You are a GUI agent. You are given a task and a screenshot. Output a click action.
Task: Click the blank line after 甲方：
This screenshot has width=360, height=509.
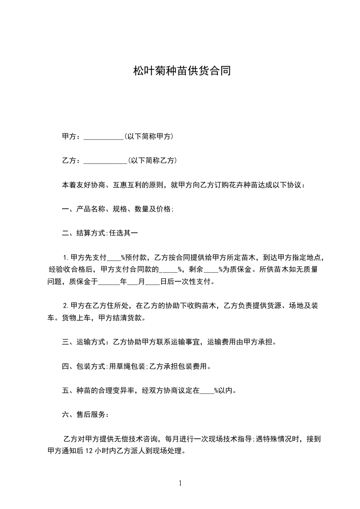pyautogui.click(x=104, y=137)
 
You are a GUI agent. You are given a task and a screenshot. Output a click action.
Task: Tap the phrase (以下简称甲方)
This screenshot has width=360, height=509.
pyautogui.click(x=148, y=137)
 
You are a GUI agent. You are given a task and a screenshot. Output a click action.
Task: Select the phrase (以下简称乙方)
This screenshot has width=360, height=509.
pyautogui.click(x=152, y=161)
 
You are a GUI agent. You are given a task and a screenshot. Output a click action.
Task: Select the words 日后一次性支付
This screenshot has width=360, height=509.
pyautogui.click(x=185, y=281)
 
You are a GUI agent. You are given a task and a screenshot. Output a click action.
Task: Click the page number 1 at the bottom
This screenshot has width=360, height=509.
pyautogui.click(x=180, y=483)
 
